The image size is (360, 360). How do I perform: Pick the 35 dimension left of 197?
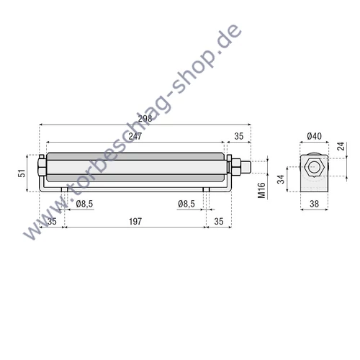(x=51, y=222)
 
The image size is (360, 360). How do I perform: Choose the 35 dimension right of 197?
(x=219, y=222)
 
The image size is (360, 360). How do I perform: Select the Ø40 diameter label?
(x=313, y=137)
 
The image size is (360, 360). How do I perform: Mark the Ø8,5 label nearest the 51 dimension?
(x=84, y=204)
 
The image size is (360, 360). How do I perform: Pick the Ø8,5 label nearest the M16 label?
(x=186, y=204)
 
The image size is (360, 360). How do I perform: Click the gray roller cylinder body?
(x=135, y=168)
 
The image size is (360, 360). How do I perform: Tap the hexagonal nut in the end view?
(x=313, y=167)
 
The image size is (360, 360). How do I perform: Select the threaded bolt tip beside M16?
(x=246, y=168)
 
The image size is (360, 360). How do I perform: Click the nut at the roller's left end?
(x=42, y=167)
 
